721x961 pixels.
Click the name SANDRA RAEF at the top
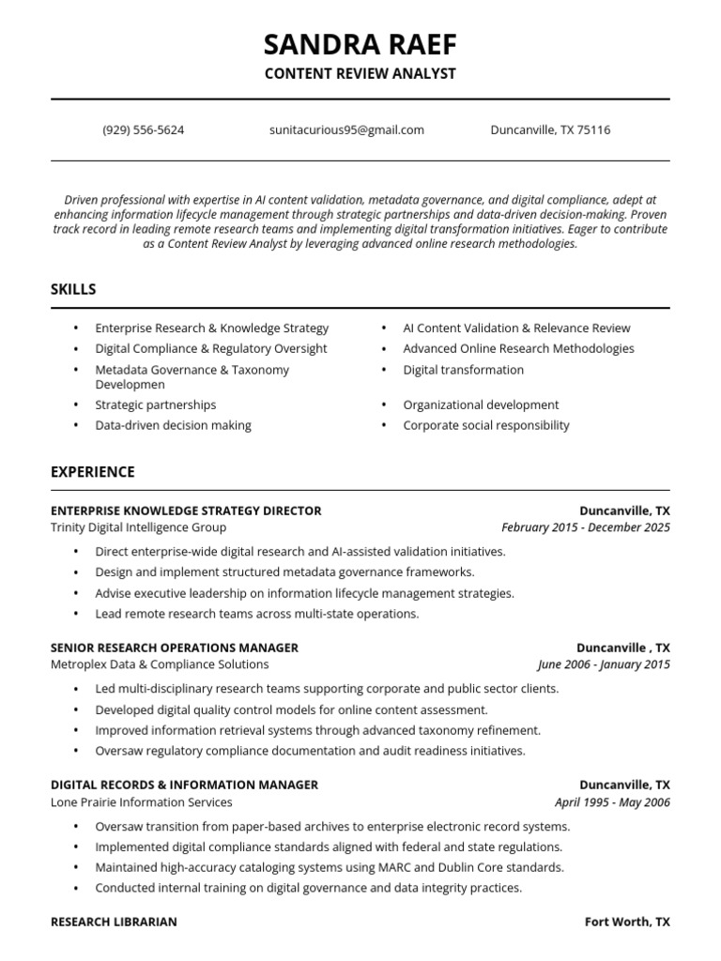pos(360,44)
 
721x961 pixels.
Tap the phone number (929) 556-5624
pos(144,130)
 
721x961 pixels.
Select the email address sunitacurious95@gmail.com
pos(346,130)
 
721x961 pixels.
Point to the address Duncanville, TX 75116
pos(550,130)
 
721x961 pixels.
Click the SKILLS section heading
pos(73,289)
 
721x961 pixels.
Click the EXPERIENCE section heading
pos(93,471)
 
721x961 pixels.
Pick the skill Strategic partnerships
pos(155,404)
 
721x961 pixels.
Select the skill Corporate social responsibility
pos(485,425)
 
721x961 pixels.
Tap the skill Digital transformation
pos(463,370)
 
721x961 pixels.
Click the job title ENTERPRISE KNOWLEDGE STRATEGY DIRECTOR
pos(186,511)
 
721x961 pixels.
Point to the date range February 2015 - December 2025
pos(586,527)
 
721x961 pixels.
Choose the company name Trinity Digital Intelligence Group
pos(138,527)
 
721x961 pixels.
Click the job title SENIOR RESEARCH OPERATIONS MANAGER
pos(175,648)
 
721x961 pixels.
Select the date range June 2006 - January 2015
pos(604,664)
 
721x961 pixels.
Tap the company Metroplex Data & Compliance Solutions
pos(160,664)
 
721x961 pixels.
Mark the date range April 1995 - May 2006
pos(612,802)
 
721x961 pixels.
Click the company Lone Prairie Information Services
pos(142,802)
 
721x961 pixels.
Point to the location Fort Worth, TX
pos(627,922)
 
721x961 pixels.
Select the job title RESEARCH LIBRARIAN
pos(114,922)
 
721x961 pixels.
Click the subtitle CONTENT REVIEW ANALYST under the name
pos(360,74)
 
